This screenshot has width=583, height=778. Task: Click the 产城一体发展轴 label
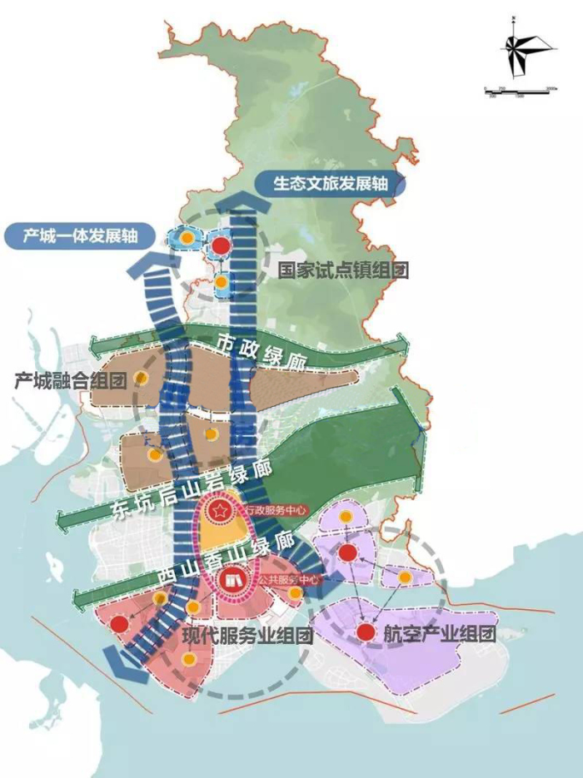[x=82, y=236]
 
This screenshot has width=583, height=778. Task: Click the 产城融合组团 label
[x=70, y=382]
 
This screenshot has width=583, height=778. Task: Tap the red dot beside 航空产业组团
[x=365, y=633]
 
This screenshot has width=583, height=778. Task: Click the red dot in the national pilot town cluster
[x=221, y=246]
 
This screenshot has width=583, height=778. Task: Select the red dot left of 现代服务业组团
[x=119, y=624]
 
